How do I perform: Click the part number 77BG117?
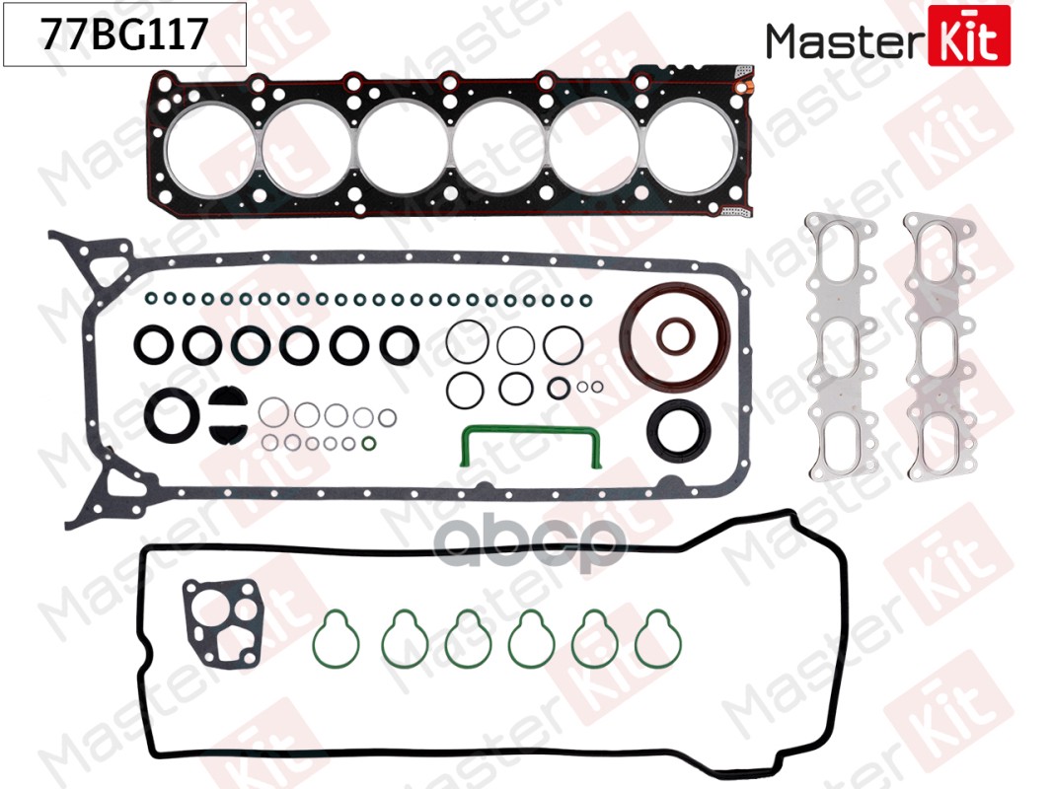click(x=124, y=35)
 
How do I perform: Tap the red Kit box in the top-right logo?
click(x=969, y=36)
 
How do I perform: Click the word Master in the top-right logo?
click(x=845, y=40)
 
